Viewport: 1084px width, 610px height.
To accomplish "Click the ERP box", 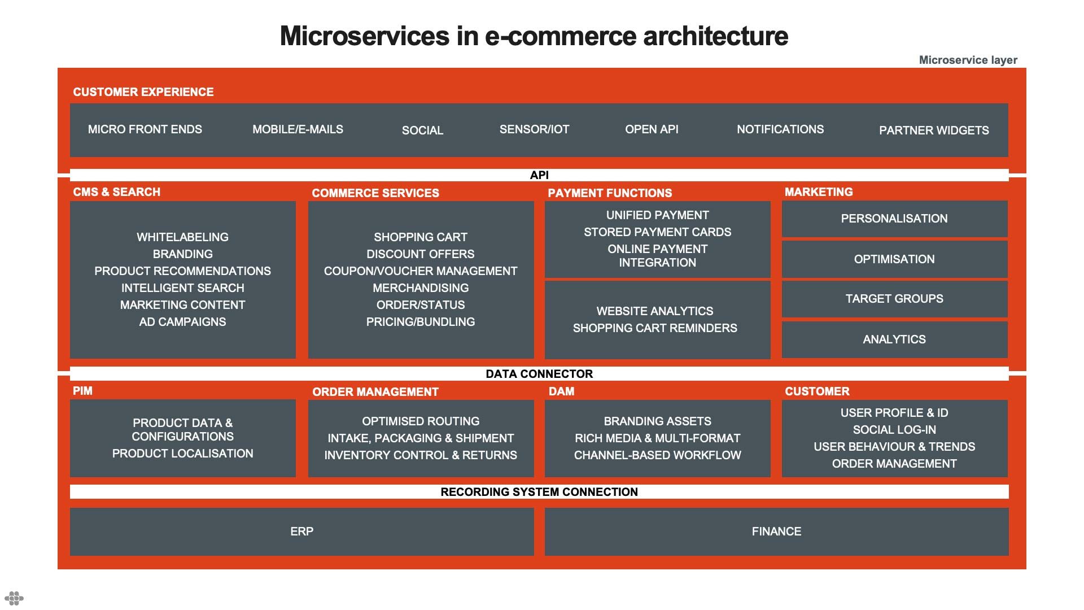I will (301, 531).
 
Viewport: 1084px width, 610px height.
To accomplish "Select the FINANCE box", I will (776, 531).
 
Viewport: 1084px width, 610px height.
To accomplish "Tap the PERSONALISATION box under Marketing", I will (894, 219).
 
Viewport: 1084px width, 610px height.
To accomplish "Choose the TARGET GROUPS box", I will (894, 299).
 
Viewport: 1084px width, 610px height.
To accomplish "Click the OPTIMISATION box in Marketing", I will (894, 259).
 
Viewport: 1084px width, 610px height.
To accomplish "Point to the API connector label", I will (539, 175).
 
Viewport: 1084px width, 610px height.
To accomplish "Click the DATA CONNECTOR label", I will (539, 374).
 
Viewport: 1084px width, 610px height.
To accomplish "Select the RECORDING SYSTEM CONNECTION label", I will (539, 492).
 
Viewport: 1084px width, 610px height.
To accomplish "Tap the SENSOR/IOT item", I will (534, 129).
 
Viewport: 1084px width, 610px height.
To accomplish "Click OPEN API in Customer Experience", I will (652, 129).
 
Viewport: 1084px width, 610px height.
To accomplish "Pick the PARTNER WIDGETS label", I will (934, 130).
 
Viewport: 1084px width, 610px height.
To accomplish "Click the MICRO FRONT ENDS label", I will (145, 129).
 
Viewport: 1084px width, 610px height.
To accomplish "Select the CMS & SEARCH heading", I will (117, 192).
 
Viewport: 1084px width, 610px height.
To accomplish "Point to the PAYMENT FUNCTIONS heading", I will (610, 193).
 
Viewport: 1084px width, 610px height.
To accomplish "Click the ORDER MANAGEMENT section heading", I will (375, 392).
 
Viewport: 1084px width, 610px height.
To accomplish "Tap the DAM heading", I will (561, 391).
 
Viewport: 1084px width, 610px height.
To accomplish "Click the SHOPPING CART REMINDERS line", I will (655, 328).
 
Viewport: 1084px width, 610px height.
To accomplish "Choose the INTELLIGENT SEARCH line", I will (182, 288).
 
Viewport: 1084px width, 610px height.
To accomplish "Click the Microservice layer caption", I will (968, 60).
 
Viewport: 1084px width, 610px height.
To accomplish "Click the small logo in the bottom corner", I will (14, 598).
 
